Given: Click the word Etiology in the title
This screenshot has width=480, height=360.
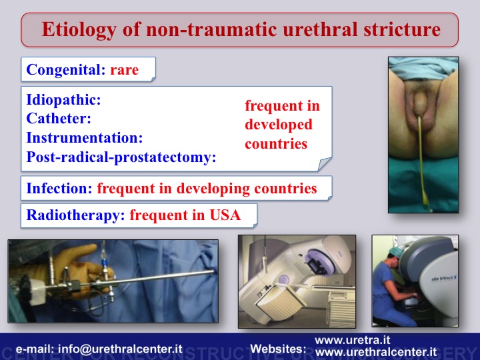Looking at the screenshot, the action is pos(79,30).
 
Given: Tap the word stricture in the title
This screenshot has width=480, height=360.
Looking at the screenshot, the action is pos(402,29).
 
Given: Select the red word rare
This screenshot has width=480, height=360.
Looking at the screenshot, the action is pos(124,69).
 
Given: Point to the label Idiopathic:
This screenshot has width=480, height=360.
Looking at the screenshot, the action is pos(64,100).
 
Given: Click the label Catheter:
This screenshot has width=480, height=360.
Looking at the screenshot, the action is pos(59,118).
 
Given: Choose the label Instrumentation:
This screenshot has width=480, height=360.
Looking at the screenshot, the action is pos(85,137).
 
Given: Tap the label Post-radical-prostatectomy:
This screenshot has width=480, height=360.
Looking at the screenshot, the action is pos(121,157).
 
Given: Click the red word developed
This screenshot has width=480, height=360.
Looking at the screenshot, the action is pos(279,125).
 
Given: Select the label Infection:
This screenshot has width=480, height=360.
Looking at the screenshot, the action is pos(59,188).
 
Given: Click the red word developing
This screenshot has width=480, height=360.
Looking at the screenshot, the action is pos(213,189).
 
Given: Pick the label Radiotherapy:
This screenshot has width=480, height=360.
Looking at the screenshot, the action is pos(75,215).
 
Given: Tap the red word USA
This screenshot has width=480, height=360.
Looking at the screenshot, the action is pos(225,215).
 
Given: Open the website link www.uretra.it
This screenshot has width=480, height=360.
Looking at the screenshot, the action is pos(353,340).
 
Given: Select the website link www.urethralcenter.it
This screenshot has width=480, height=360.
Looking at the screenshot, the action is pos(376,352).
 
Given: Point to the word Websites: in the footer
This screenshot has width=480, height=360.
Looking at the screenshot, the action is pos(278,349).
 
